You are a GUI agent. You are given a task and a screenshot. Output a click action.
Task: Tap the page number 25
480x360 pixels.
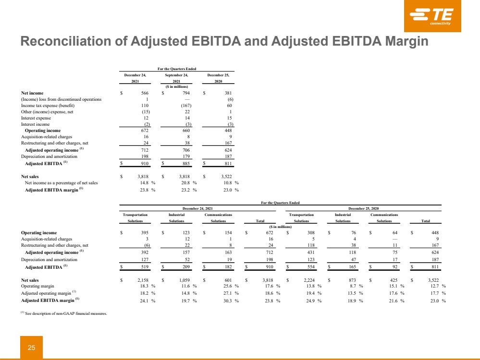click(x=31, y=347)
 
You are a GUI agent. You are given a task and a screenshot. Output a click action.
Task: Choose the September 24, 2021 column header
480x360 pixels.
click(x=176, y=78)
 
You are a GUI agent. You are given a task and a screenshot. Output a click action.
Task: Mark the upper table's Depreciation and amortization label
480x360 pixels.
click(x=49, y=156)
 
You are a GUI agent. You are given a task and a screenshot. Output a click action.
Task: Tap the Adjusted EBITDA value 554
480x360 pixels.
click(x=311, y=266)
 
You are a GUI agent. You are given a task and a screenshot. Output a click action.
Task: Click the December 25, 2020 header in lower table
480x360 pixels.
click(x=364, y=208)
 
